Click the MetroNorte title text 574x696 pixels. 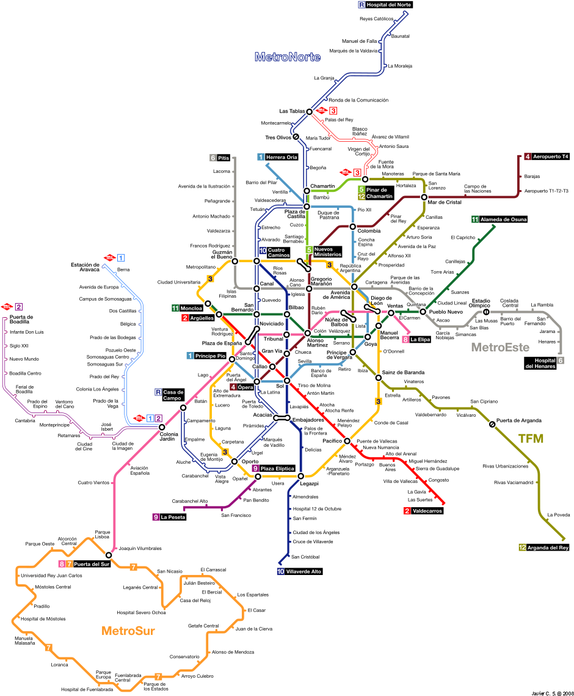coord(287,57)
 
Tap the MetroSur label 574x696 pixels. coord(128,631)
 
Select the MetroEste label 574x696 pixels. coord(500,347)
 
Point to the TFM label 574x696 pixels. coord(531,439)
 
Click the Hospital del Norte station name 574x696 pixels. coord(389,5)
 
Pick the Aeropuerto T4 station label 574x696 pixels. coord(550,157)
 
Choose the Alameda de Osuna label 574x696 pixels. coord(503,219)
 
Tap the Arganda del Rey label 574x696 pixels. coord(548,548)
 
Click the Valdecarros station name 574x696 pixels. coord(427,511)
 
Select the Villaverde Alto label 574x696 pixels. coord(303,572)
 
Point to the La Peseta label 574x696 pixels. coord(173,518)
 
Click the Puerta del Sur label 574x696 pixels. coord(92,564)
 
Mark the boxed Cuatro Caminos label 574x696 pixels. coord(277,252)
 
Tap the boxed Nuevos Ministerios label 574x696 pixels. coord(328,252)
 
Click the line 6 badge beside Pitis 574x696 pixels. coord(213,158)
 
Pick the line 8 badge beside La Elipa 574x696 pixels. coord(405,340)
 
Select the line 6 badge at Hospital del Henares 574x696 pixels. coord(561,361)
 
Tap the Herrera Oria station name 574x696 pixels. coord(282,158)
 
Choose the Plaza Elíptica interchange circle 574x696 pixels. coord(258,477)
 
